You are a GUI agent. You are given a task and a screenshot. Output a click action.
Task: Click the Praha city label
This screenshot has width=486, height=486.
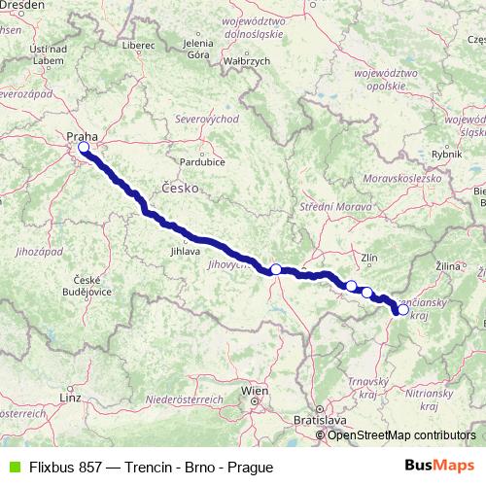81,137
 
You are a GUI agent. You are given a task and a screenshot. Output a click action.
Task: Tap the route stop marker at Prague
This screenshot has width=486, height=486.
84,148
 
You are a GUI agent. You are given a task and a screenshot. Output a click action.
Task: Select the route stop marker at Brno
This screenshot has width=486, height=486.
276,269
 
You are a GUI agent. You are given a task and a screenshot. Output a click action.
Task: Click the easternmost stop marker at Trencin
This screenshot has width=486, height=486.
403,311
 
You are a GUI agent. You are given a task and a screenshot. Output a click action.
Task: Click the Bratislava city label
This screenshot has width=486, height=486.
321,420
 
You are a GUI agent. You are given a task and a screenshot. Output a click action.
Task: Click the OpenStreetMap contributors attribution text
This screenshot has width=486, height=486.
401,434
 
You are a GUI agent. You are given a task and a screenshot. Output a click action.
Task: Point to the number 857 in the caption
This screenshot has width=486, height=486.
88,467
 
